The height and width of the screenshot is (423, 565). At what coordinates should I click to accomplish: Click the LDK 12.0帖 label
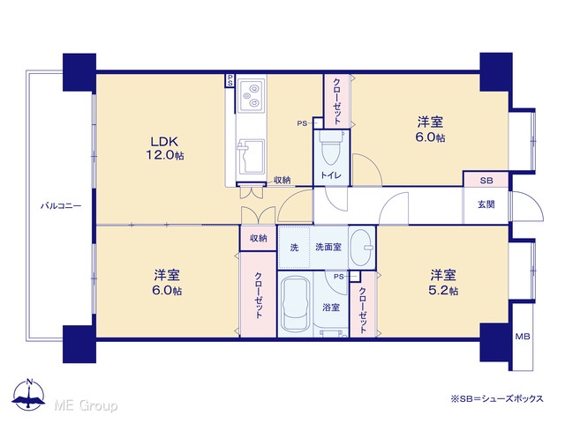tap(165, 148)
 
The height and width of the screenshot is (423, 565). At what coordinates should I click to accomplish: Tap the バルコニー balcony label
tap(61, 206)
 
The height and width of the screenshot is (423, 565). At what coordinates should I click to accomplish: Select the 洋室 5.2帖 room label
tap(443, 283)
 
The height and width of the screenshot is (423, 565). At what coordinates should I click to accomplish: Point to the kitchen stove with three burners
tap(251, 95)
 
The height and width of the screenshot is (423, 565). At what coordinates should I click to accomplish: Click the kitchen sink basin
tap(251, 157)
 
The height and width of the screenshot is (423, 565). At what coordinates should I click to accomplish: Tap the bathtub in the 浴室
tap(296, 305)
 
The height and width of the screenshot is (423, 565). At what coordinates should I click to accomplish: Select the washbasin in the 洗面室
tap(362, 248)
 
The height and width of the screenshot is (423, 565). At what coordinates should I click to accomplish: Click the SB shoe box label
tap(486, 181)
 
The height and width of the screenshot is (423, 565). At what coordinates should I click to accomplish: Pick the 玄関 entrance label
tap(486, 204)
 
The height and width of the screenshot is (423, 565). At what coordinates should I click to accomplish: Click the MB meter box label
tap(522, 337)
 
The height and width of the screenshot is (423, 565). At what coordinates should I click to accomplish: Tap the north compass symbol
tap(28, 394)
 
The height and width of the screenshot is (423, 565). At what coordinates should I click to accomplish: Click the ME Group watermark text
tap(86, 405)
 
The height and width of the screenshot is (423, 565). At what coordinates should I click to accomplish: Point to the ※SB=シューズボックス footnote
tap(497, 398)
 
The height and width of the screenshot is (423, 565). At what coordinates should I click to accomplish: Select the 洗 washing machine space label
tap(294, 248)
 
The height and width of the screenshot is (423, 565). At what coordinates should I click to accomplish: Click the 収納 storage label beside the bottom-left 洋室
tap(259, 238)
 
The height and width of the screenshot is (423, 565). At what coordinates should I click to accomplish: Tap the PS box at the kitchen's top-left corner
tap(230, 80)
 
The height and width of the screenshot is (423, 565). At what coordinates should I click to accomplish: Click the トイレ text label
tap(331, 175)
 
